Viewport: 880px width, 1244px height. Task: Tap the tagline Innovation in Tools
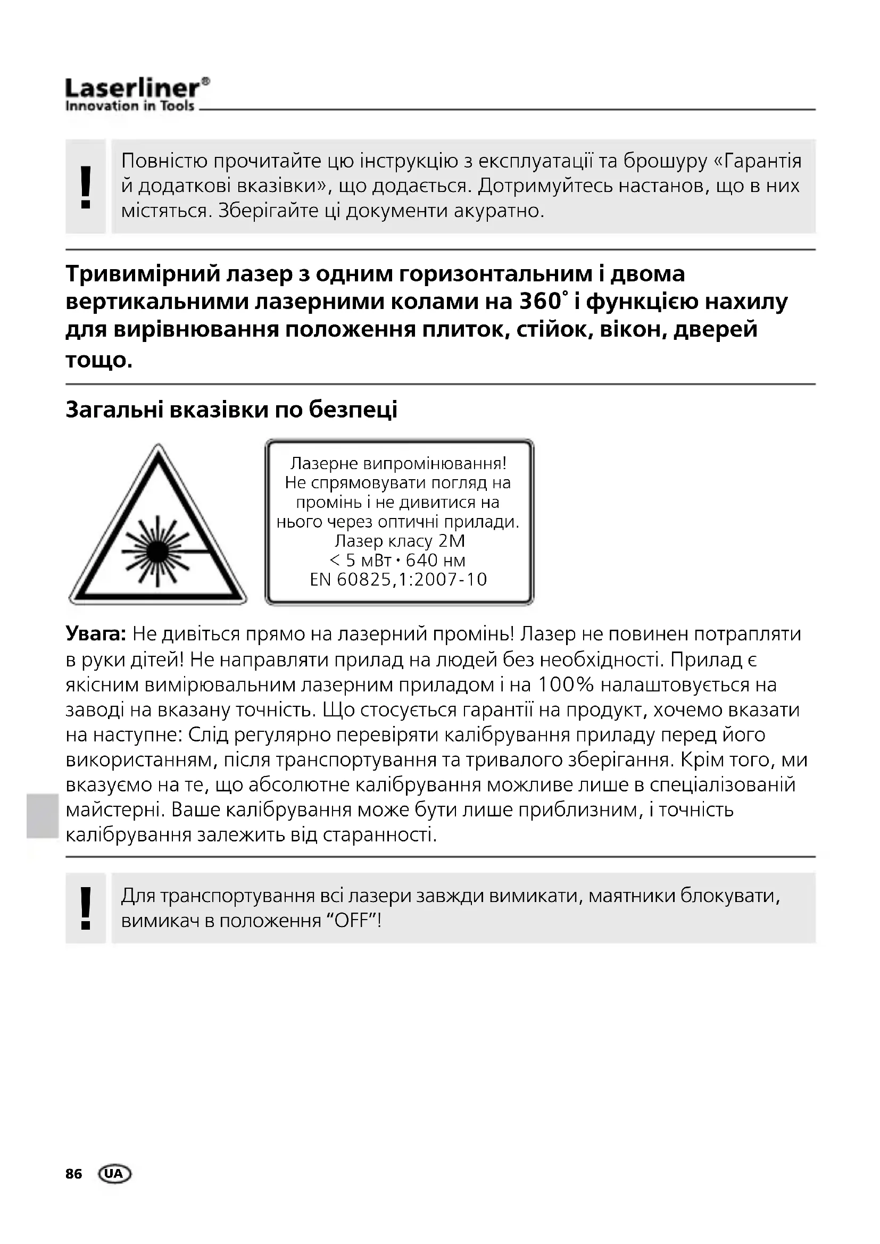(x=129, y=106)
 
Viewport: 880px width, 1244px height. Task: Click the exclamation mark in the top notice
(x=86, y=187)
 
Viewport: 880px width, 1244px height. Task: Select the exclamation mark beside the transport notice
(x=86, y=907)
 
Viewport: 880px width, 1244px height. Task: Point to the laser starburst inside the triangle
(x=157, y=551)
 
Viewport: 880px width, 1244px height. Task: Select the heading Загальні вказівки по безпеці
(x=231, y=410)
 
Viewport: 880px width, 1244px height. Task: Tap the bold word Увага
(x=96, y=633)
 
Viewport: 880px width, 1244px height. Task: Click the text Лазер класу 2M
(x=400, y=541)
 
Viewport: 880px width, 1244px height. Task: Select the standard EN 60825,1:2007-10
(x=399, y=580)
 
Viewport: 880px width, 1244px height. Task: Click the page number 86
(x=74, y=1174)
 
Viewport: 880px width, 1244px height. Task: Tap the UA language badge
(x=114, y=1174)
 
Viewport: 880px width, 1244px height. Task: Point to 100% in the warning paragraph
(x=566, y=685)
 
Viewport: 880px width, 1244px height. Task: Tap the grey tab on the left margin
(x=41, y=815)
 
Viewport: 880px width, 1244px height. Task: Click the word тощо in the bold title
(x=98, y=360)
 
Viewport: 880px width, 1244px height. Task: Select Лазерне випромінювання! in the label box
(x=399, y=463)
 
